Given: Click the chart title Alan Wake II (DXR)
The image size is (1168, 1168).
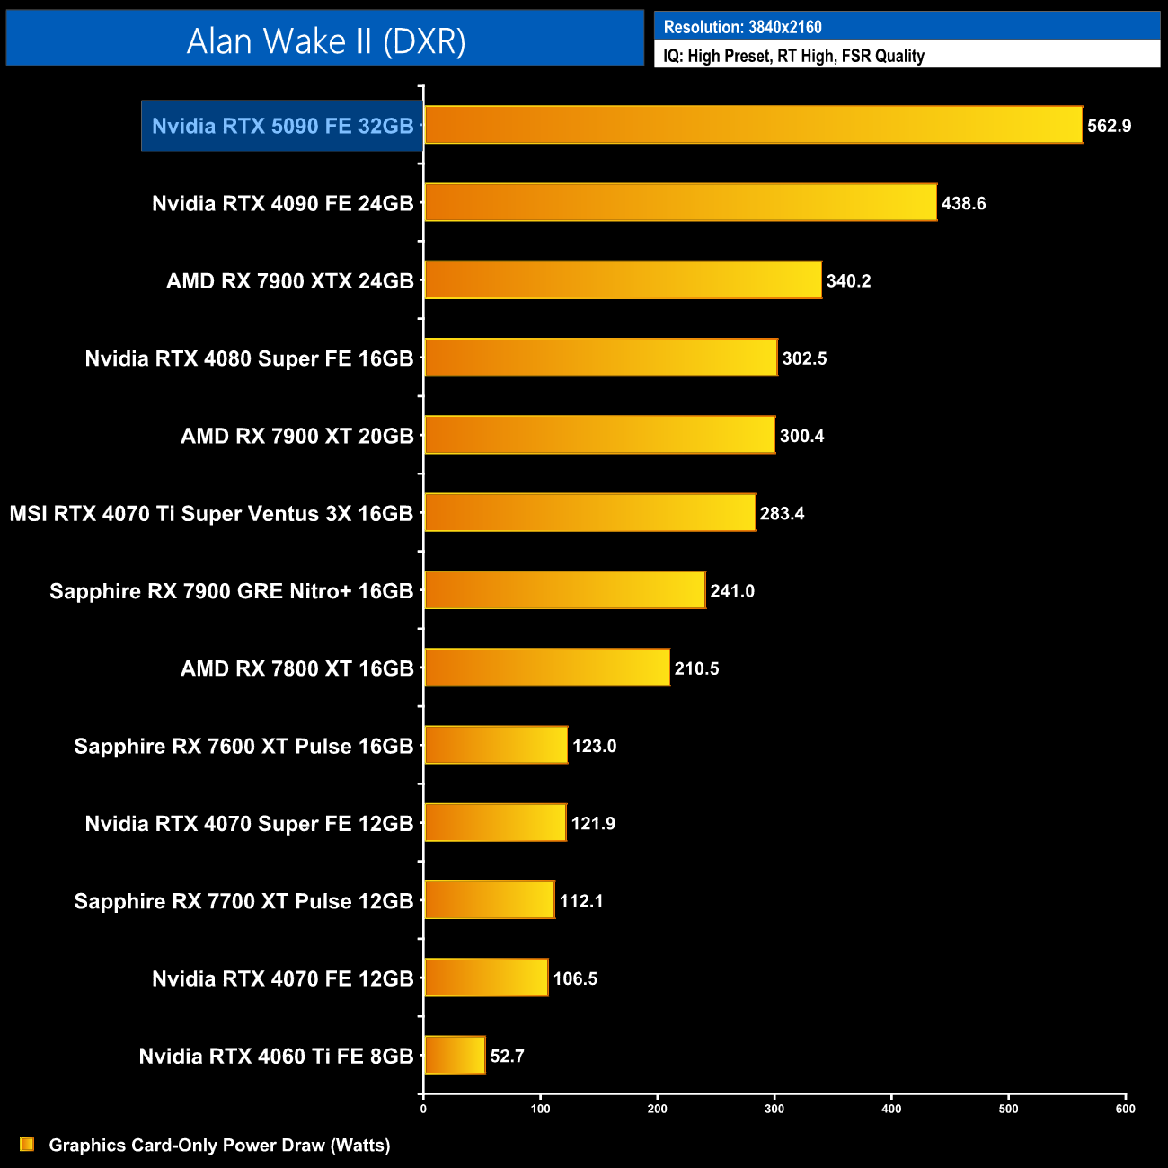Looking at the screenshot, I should (x=325, y=40).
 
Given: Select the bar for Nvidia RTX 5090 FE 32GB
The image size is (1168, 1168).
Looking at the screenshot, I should (x=753, y=125).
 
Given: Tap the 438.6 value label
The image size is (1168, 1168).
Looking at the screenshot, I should (x=963, y=203).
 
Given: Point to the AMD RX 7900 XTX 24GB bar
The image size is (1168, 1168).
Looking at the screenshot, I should (x=623, y=280).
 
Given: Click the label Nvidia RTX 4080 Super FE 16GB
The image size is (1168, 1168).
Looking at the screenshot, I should (x=249, y=358).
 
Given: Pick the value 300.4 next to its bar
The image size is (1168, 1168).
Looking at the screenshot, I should (x=801, y=436).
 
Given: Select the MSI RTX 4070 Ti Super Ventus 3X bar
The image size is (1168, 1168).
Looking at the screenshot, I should (x=589, y=512).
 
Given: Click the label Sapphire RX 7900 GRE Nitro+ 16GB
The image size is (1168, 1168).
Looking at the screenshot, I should (x=231, y=591).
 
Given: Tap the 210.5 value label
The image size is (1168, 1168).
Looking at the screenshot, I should (x=696, y=668).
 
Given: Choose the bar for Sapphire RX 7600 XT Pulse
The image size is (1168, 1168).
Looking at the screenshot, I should (x=496, y=745).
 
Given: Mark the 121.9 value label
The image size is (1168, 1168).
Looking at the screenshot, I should (x=593, y=823).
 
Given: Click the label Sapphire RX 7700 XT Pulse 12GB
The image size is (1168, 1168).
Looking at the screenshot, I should (x=243, y=901).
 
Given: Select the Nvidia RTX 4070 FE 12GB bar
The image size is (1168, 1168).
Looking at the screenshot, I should (x=486, y=978).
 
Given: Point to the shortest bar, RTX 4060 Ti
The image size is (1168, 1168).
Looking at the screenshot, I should (x=455, y=1055).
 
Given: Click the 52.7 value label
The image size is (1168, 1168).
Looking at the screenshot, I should (x=507, y=1056).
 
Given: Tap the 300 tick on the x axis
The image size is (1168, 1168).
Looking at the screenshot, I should (x=774, y=1109).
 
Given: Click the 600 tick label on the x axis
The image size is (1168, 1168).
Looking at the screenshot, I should (x=1125, y=1109).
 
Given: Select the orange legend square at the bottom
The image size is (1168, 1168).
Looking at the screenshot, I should (x=27, y=1144).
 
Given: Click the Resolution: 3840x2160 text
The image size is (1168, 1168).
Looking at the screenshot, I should (x=742, y=27).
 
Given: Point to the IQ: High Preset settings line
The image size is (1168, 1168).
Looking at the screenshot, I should (x=793, y=56).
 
